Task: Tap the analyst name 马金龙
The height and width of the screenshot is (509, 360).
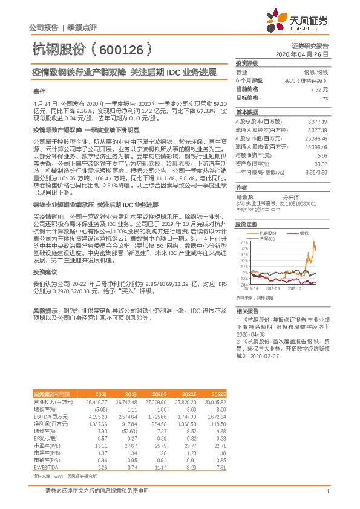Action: (x=244, y=196)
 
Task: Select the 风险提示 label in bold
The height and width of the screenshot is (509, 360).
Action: (x=46, y=310)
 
